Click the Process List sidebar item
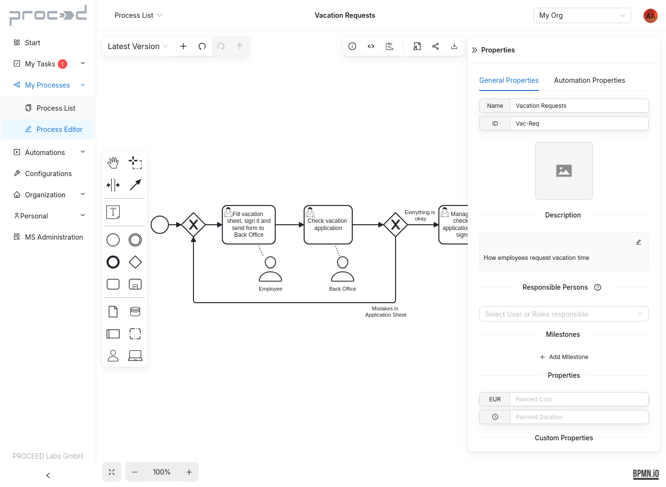(x=55, y=108)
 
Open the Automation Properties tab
(x=589, y=80)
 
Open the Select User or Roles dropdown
(x=564, y=314)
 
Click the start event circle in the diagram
(x=160, y=225)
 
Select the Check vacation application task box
(x=328, y=225)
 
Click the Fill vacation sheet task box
(x=249, y=225)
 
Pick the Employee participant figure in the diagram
(x=270, y=269)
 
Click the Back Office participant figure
(x=343, y=269)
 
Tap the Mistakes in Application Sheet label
(x=385, y=312)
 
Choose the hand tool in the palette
(x=113, y=163)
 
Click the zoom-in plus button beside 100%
(x=189, y=472)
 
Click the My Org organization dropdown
(x=582, y=15)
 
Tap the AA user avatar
(x=650, y=16)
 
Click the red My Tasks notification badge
(x=63, y=64)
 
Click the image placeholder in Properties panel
(x=564, y=171)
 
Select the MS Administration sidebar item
(x=53, y=237)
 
